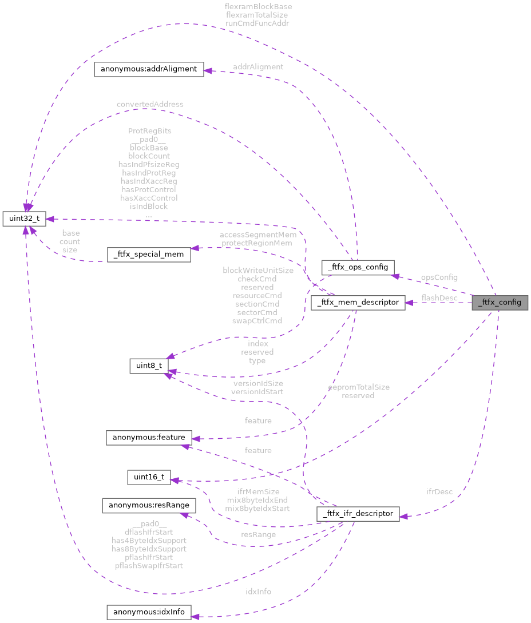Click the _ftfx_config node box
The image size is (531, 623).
click(x=500, y=303)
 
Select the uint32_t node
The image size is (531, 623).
click(x=24, y=219)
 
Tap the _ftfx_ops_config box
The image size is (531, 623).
click(x=358, y=267)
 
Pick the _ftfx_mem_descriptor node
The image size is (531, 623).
click(x=358, y=303)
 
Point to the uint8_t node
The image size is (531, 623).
click(x=148, y=364)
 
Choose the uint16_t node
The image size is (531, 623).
click(x=148, y=477)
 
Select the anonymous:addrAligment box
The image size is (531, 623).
click(x=148, y=69)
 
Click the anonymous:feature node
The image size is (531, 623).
click(x=148, y=438)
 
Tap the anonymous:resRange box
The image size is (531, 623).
click(x=148, y=506)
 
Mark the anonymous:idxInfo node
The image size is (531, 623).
click(x=148, y=612)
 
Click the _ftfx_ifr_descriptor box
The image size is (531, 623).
click(x=358, y=514)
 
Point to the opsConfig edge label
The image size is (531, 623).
click(x=439, y=277)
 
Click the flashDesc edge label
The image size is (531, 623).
click(x=439, y=298)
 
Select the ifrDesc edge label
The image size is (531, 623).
click(x=439, y=491)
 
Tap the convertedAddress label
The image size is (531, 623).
click(x=150, y=104)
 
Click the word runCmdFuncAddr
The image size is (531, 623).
click(x=257, y=23)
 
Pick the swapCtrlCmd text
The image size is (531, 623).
click(x=257, y=321)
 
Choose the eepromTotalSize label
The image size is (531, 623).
click(x=359, y=387)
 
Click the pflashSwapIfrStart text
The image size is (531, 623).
click(x=149, y=565)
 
